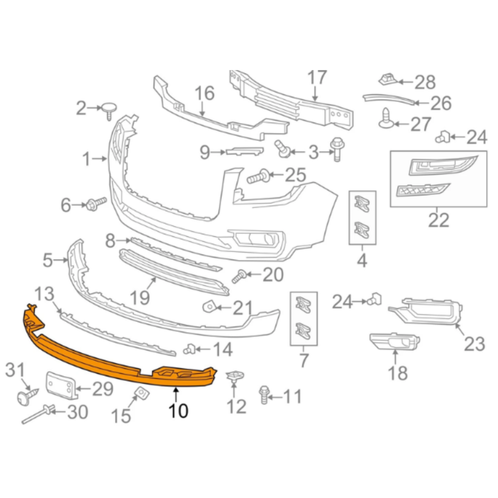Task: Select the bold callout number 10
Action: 178,411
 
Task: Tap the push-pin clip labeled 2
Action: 109,109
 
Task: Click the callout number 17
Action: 317,78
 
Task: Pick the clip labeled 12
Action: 235,376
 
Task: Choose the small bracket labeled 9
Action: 245,151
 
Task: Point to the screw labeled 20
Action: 239,277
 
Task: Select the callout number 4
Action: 362,261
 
